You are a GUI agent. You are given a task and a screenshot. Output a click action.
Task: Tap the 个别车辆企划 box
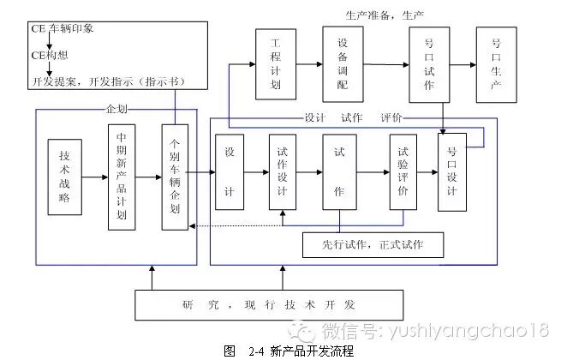point(175,177)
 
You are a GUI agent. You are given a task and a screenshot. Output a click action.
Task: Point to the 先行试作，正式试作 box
point(373,246)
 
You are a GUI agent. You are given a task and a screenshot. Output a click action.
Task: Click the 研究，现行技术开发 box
point(269,305)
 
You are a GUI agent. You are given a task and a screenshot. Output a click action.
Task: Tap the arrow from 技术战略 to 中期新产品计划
point(94,177)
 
